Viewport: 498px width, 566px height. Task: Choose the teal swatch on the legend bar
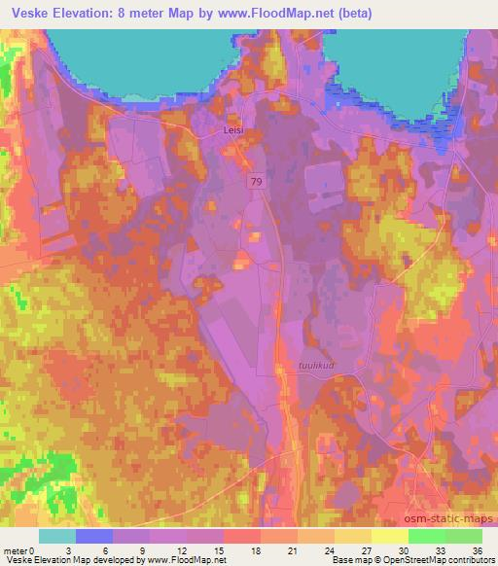tap(56, 536)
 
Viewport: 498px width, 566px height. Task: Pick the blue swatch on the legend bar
tap(93, 536)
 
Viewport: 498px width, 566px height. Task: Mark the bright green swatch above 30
tap(427, 536)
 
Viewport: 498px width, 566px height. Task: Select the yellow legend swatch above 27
tap(390, 536)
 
